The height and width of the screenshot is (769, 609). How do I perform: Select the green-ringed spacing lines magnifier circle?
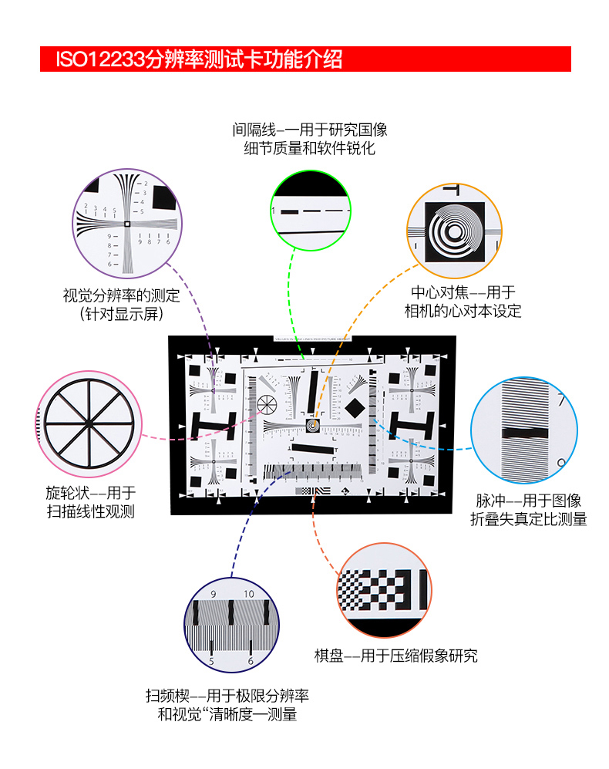pyautogui.click(x=311, y=210)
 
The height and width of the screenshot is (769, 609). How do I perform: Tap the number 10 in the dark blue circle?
pyautogui.click(x=248, y=594)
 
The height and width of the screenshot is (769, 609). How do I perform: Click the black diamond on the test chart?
pyautogui.click(x=355, y=406)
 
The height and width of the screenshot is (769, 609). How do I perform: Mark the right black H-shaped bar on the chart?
pyautogui.click(x=410, y=423)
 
